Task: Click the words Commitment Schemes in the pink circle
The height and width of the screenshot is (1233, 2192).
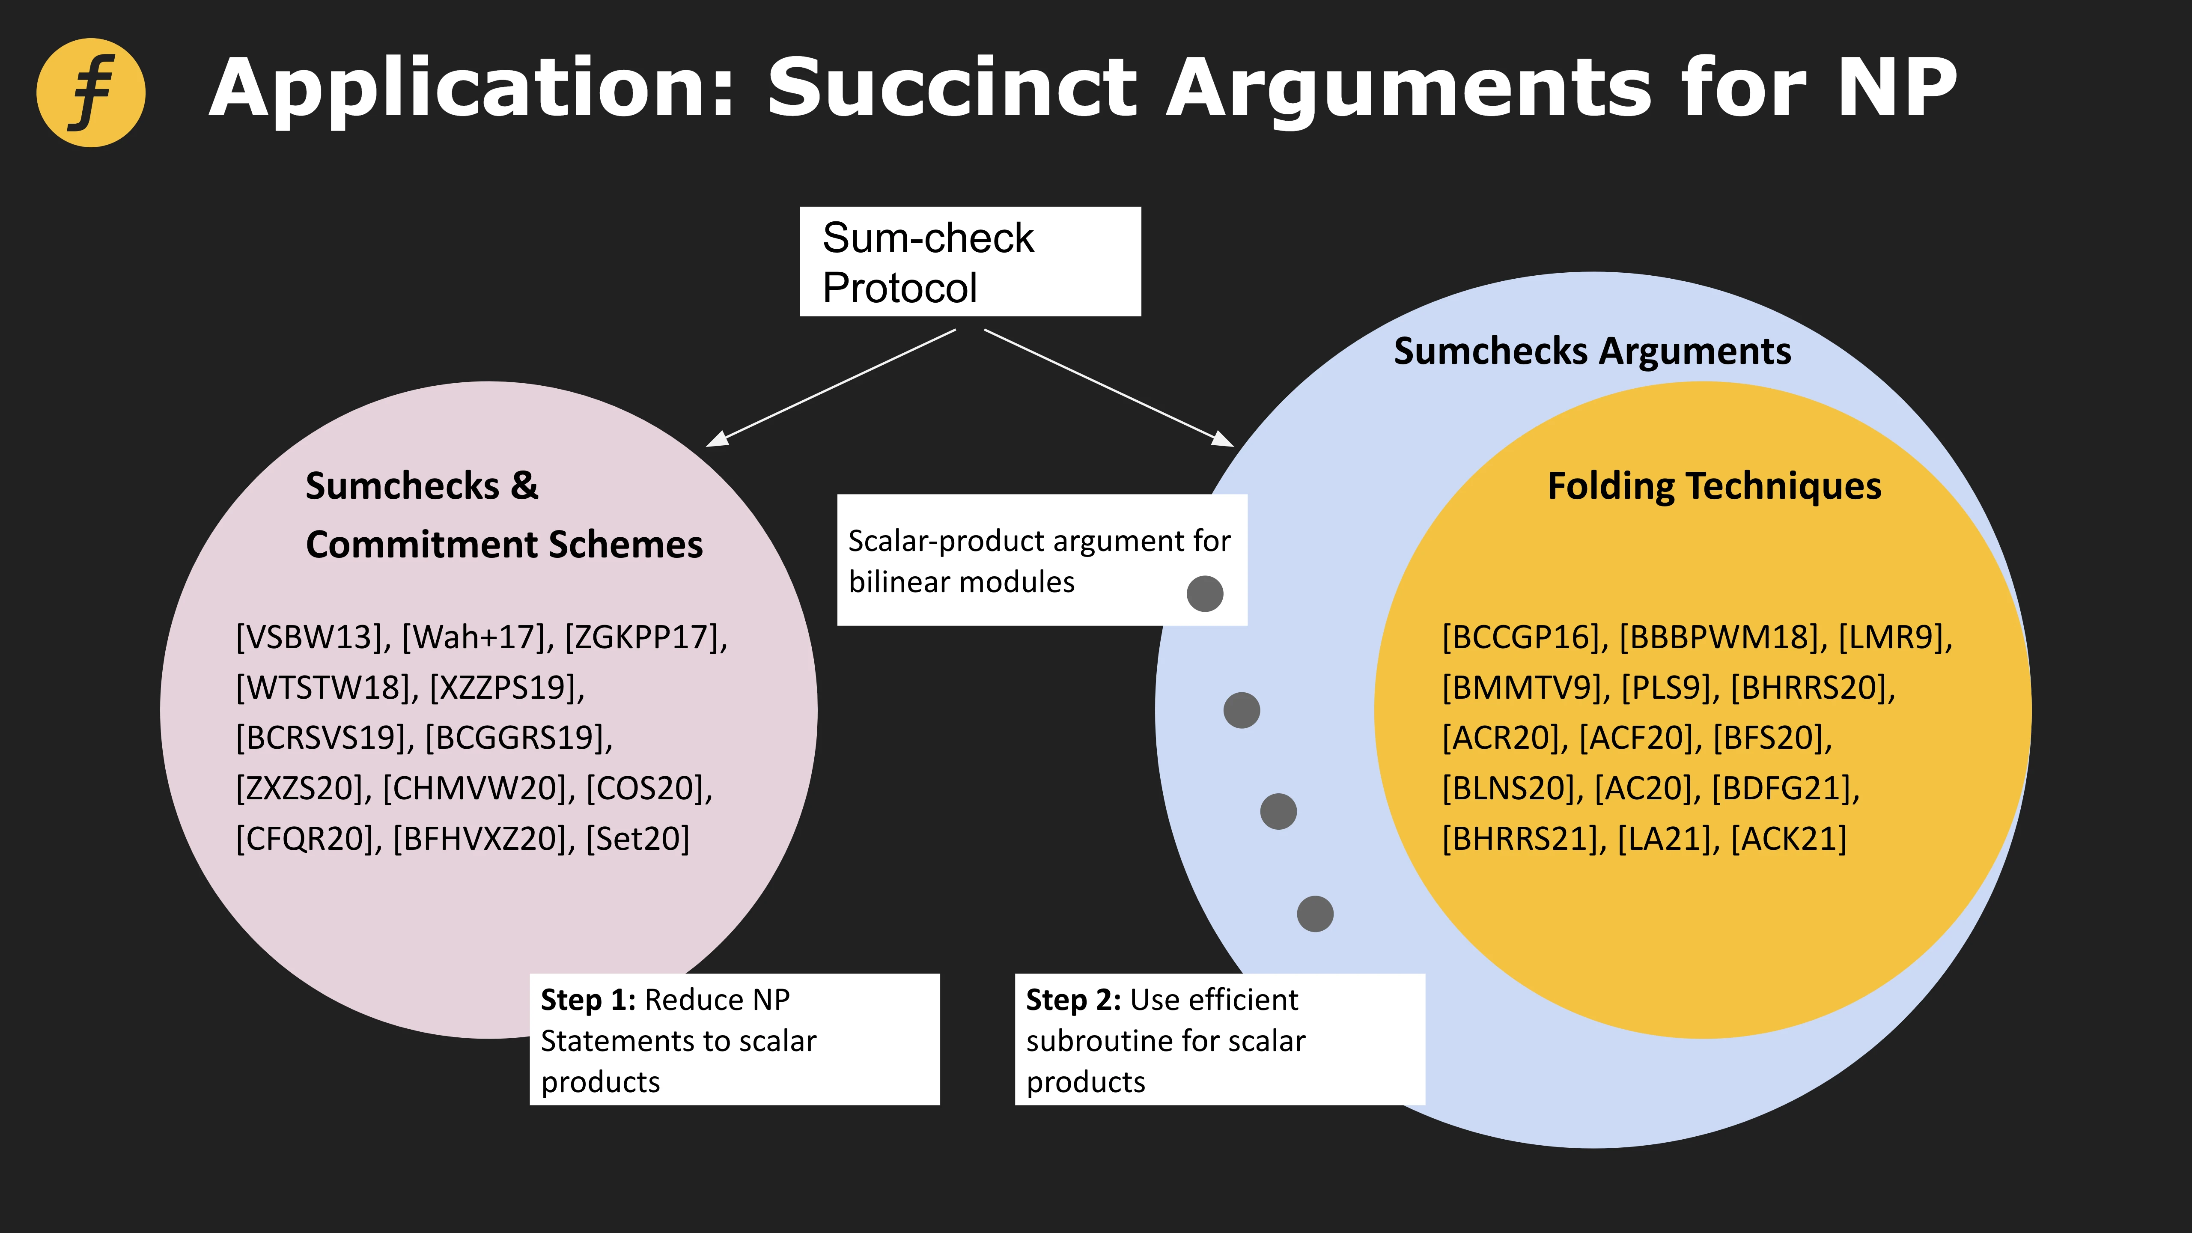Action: (504, 545)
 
